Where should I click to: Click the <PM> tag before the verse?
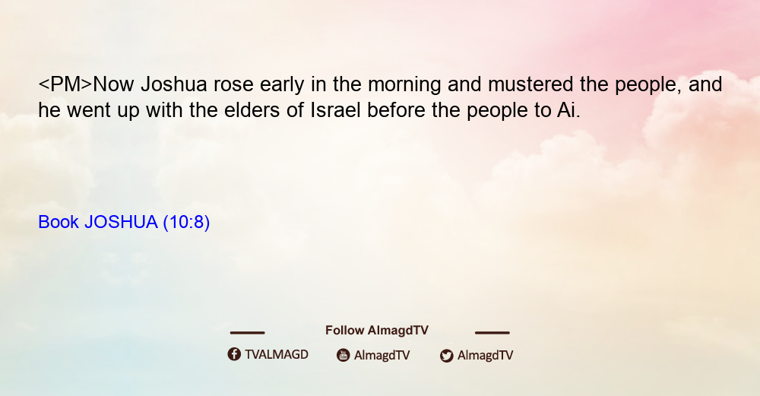pos(65,84)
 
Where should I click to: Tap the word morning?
pos(404,85)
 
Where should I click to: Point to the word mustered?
pos(530,84)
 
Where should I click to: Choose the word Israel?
pos(335,110)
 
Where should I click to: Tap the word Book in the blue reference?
pos(59,222)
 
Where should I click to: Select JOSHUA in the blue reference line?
pos(121,222)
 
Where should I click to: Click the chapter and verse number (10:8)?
pos(187,223)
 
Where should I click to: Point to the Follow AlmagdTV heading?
pos(377,331)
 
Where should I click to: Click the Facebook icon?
pos(234,354)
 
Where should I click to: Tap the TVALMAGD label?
pos(277,355)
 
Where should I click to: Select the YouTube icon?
pos(344,355)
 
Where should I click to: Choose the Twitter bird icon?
pos(446,356)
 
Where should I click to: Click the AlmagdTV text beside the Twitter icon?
pos(485,356)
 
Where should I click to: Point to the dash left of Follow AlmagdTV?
pos(247,332)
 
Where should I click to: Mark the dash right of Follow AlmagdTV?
pos(492,332)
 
